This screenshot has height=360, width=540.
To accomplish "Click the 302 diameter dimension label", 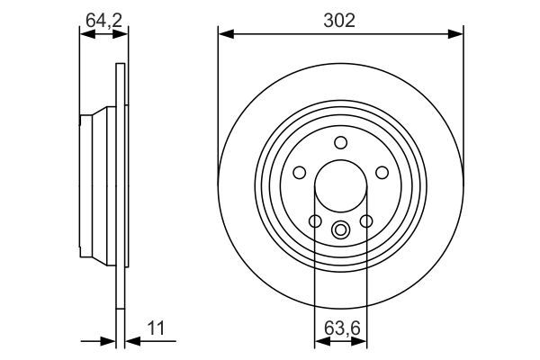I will tap(340, 18).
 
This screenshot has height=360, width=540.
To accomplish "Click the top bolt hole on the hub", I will tap(340, 141).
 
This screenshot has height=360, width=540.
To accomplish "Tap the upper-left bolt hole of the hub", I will tap(299, 172).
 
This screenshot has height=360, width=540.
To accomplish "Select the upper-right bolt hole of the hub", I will tap(382, 172).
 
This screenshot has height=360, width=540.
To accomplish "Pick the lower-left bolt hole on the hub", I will tap(315, 220).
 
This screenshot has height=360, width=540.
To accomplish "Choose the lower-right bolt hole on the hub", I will tap(365, 220).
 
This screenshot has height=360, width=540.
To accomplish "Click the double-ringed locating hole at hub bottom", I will tap(340, 229).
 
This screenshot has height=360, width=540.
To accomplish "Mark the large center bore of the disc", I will tap(340, 186).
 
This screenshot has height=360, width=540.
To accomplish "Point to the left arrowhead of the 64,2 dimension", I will tap(85, 34).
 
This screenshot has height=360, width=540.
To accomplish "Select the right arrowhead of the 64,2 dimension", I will tap(121, 34).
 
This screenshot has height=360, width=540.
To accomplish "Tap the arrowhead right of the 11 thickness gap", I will tap(130, 341).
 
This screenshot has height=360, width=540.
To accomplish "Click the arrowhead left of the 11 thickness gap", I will tap(110, 341).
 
